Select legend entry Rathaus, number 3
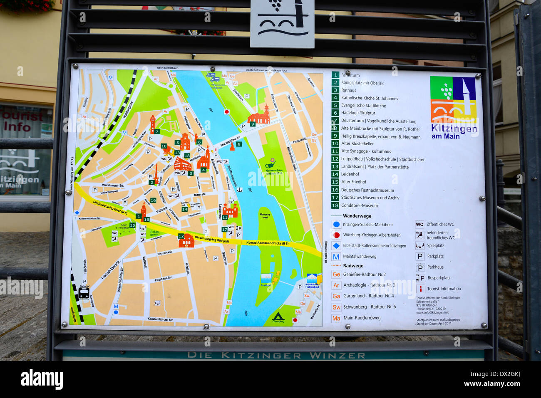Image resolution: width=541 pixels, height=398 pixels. (348, 90)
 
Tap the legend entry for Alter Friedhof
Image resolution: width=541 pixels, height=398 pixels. (353, 182)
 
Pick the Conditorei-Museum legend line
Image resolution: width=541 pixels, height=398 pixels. (359, 205)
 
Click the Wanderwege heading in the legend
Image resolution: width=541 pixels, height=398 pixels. (357, 216)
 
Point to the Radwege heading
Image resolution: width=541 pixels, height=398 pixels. (353, 266)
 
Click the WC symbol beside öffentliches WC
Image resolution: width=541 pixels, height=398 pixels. (419, 225)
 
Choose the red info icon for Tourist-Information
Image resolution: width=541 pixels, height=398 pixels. (420, 289)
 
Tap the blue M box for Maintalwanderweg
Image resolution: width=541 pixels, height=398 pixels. (336, 257)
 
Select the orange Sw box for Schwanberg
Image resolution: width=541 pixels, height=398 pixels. (336, 307)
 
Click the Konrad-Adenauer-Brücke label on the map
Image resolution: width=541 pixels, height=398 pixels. (267, 243)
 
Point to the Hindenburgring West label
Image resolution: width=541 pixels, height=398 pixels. (110, 207)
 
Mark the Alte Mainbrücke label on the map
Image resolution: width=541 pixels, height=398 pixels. (230, 141)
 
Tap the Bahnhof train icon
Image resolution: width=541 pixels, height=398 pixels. (84, 292)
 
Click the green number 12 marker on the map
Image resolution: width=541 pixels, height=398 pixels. (181, 236)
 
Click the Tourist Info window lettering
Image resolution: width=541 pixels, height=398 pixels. (21, 121)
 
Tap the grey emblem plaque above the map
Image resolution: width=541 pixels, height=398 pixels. (282, 23)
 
